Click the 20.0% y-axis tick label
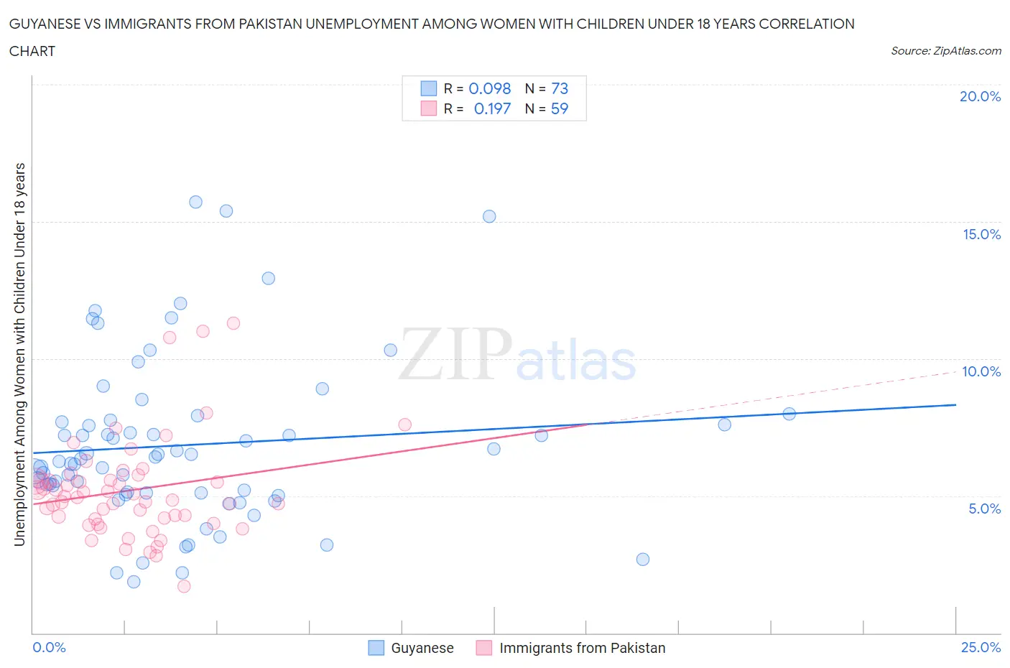click(980, 96)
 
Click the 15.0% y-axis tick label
click(981, 234)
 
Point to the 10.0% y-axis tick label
click(981, 371)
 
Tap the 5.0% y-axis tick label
click(984, 509)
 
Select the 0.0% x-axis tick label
click(49, 647)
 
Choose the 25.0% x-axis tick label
click(981, 647)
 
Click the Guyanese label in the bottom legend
click(422, 648)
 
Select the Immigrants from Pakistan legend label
click(582, 648)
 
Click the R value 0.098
click(489, 88)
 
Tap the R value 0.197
click(492, 108)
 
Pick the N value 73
click(560, 88)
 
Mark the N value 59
click(560, 108)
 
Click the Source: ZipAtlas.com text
click(945, 51)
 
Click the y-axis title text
click(20, 354)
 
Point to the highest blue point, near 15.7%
click(195, 202)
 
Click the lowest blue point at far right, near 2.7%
click(643, 559)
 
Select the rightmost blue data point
click(789, 414)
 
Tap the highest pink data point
click(233, 323)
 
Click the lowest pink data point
click(184, 586)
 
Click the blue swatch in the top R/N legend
click(429, 88)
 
